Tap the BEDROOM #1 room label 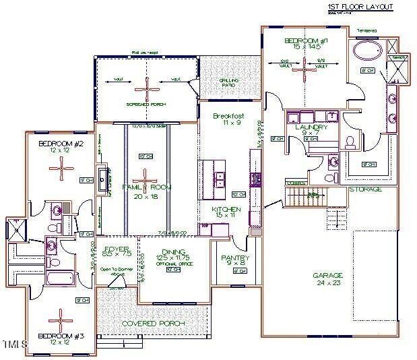(x=305, y=41)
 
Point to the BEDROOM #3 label (x=60, y=335)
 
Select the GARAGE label (x=328, y=275)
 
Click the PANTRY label (x=235, y=258)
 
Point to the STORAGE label (x=365, y=189)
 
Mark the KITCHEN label (x=226, y=210)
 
